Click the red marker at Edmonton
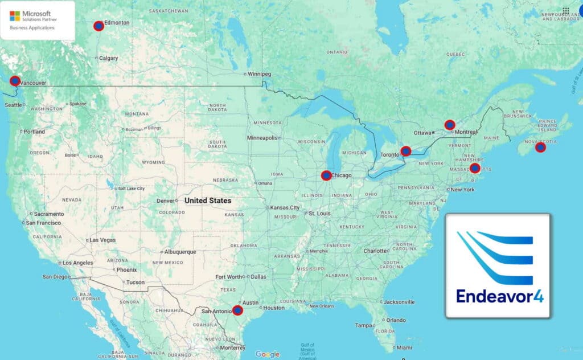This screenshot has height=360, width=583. (98, 26)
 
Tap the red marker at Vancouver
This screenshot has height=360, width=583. (15, 81)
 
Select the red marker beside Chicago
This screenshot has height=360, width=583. (326, 175)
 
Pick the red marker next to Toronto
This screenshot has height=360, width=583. (406, 151)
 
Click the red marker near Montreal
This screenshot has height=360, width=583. (450, 125)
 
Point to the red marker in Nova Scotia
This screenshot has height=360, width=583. (540, 148)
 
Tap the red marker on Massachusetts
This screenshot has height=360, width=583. (475, 168)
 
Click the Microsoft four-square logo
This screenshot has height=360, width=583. (15, 16)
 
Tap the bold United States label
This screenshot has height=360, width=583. (208, 201)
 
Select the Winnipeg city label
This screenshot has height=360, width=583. (260, 74)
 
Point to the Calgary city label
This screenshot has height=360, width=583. (108, 58)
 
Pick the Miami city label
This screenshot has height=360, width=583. (404, 347)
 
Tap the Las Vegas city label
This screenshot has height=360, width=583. (102, 240)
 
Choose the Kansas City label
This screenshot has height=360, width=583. (285, 208)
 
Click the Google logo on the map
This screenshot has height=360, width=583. (267, 354)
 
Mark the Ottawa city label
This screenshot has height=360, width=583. (422, 133)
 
